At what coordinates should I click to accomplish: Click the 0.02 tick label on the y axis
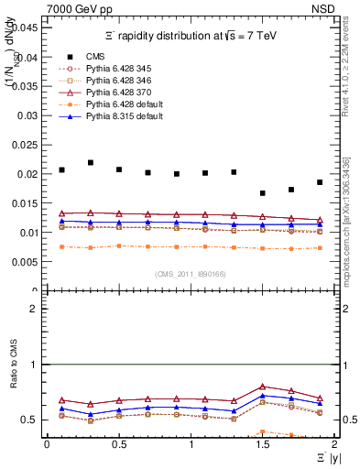(x=28, y=174)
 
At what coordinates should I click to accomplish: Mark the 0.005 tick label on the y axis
(x=26, y=262)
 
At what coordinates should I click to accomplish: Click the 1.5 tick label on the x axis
(x=263, y=444)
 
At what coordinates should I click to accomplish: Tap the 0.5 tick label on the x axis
(x=118, y=444)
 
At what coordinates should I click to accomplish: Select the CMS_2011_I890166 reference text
(x=191, y=274)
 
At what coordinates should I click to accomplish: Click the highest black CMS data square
(x=91, y=162)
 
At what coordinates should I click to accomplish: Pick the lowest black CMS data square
(x=263, y=193)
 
